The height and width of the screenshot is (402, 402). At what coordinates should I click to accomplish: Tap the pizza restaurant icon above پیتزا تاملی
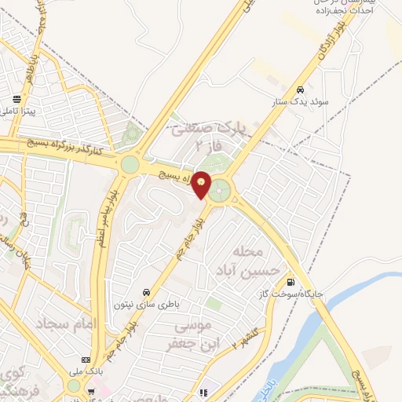pos(16,100)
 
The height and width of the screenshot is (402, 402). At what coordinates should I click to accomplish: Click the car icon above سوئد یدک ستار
pos(300,89)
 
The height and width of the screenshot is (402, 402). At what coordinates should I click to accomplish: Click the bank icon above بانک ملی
pos(85,359)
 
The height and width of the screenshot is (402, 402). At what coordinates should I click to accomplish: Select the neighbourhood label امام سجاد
pos(64,323)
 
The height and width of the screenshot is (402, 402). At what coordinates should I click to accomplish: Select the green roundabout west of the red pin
pos(130,165)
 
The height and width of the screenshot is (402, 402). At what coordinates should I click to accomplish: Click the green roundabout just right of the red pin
pos(222,189)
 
